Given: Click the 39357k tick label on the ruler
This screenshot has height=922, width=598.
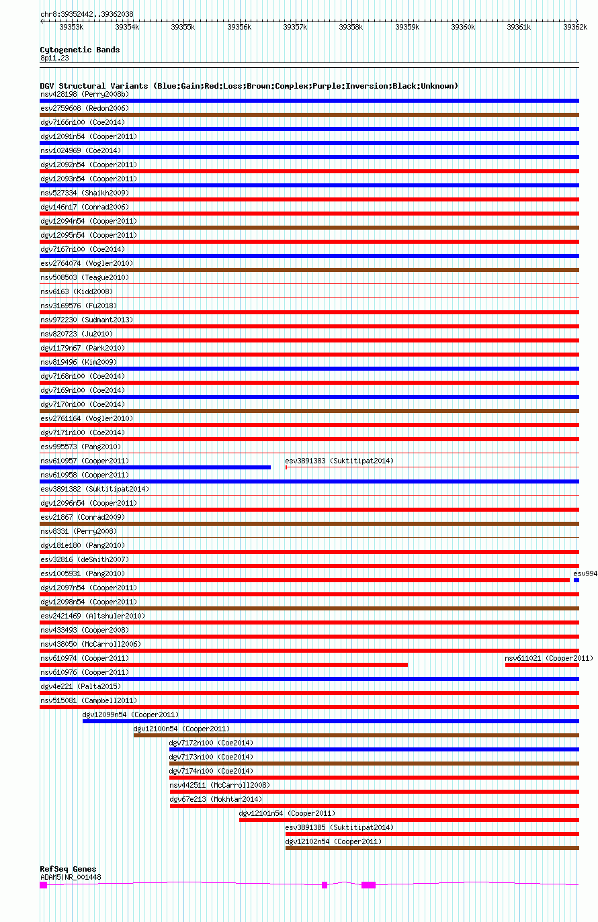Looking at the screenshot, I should pyautogui.click(x=295, y=27).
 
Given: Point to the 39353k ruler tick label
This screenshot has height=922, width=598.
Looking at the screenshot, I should pyautogui.click(x=71, y=27).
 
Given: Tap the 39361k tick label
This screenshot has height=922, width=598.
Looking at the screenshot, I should pyautogui.click(x=519, y=27).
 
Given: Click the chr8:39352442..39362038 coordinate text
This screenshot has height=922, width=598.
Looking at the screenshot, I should pyautogui.click(x=87, y=14).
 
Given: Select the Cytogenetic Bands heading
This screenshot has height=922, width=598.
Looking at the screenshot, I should pyautogui.click(x=79, y=50).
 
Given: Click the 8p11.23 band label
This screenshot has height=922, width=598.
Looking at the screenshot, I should pyautogui.click(x=54, y=58).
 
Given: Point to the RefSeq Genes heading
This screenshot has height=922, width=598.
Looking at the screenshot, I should pyautogui.click(x=68, y=869).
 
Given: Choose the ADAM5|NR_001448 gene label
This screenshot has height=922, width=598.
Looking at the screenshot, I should pyautogui.click(x=71, y=877).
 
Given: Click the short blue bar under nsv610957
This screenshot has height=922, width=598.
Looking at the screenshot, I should pyautogui.click(x=155, y=467).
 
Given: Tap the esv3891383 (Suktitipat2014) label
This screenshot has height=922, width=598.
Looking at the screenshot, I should pyautogui.click(x=339, y=461).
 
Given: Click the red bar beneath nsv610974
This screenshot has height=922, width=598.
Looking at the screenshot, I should pyautogui.click(x=224, y=665).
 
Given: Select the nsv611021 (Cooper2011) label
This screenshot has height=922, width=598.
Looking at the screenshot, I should pyautogui.click(x=549, y=658).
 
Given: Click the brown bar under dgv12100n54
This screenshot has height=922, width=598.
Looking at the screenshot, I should pyautogui.click(x=356, y=735).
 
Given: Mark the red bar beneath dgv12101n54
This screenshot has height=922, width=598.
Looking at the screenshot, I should pyautogui.click(x=409, y=820).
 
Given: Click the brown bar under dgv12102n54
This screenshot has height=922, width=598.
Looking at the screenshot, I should pyautogui.click(x=432, y=848).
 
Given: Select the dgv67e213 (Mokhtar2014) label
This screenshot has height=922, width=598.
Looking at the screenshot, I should pyautogui.click(x=216, y=799).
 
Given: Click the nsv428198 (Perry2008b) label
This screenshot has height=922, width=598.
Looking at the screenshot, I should pyautogui.click(x=85, y=94).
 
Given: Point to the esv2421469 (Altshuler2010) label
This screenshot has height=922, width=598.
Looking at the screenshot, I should pyautogui.click(x=93, y=616).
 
